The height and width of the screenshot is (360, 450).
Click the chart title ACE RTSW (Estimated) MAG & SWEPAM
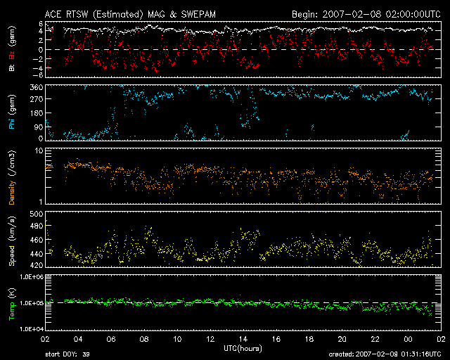(130, 14)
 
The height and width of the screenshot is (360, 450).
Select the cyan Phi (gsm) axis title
(12, 112)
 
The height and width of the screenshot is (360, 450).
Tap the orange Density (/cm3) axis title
(12, 177)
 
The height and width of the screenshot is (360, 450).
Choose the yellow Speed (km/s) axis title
(12, 241)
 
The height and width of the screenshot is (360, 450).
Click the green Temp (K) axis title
(12, 304)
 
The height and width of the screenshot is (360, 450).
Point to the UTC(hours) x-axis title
(243, 349)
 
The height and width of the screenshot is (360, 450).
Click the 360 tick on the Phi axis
(37, 87)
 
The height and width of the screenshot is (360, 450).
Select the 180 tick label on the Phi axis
(37, 112)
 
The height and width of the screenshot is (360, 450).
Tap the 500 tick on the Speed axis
(37, 214)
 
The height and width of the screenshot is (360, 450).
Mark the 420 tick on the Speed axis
(37, 265)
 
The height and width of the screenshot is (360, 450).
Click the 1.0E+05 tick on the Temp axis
(31, 303)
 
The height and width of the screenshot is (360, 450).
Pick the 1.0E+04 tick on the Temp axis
(31, 328)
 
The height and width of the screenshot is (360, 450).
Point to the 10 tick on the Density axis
(39, 150)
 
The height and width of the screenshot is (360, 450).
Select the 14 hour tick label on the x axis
(243, 340)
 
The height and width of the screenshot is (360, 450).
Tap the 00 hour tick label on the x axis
(408, 340)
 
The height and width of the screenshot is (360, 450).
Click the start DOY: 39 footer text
(67, 354)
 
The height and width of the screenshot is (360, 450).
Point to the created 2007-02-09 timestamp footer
(385, 354)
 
